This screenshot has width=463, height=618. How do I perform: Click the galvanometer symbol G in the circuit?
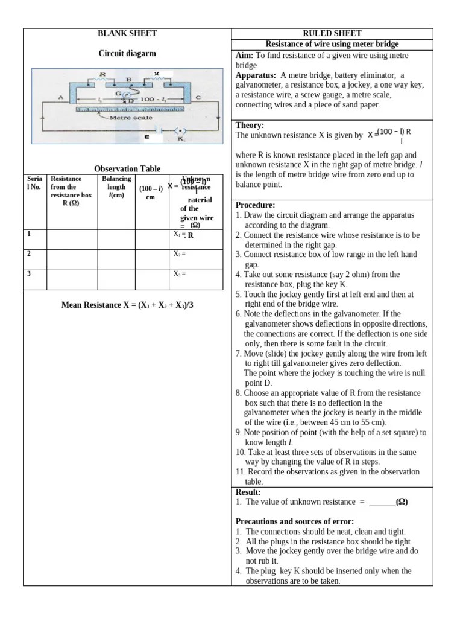(118, 94)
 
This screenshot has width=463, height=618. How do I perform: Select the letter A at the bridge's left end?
(61, 97)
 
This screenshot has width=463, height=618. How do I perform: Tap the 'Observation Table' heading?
(127, 169)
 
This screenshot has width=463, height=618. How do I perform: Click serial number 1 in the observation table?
(28, 233)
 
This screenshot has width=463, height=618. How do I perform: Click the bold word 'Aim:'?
(245, 56)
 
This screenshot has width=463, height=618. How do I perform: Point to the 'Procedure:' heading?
(256, 205)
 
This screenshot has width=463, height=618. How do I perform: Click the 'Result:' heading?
(248, 492)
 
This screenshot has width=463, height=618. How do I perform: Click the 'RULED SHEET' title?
(332, 34)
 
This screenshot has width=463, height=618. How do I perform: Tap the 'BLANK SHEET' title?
(127, 34)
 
